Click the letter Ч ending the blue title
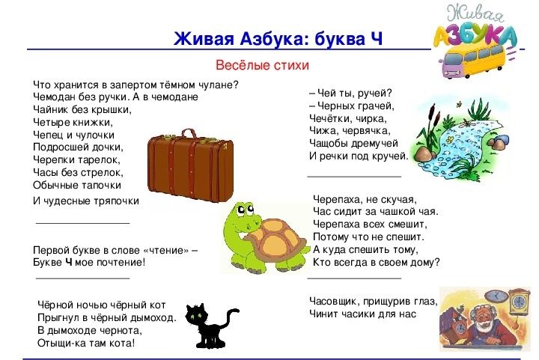377,38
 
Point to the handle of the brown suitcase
189,134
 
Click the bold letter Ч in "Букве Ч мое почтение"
69,263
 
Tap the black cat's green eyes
195,317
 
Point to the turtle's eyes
245,210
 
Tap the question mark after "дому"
436,262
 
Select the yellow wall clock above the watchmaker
518,302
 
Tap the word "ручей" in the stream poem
374,94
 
